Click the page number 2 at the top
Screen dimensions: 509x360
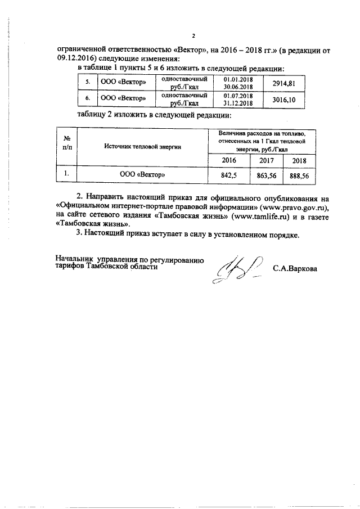(193, 37)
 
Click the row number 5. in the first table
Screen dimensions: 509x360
(87, 83)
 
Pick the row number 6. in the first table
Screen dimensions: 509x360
(87, 99)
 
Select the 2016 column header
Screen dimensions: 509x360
(229, 161)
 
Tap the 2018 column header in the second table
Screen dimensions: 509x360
(298, 161)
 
